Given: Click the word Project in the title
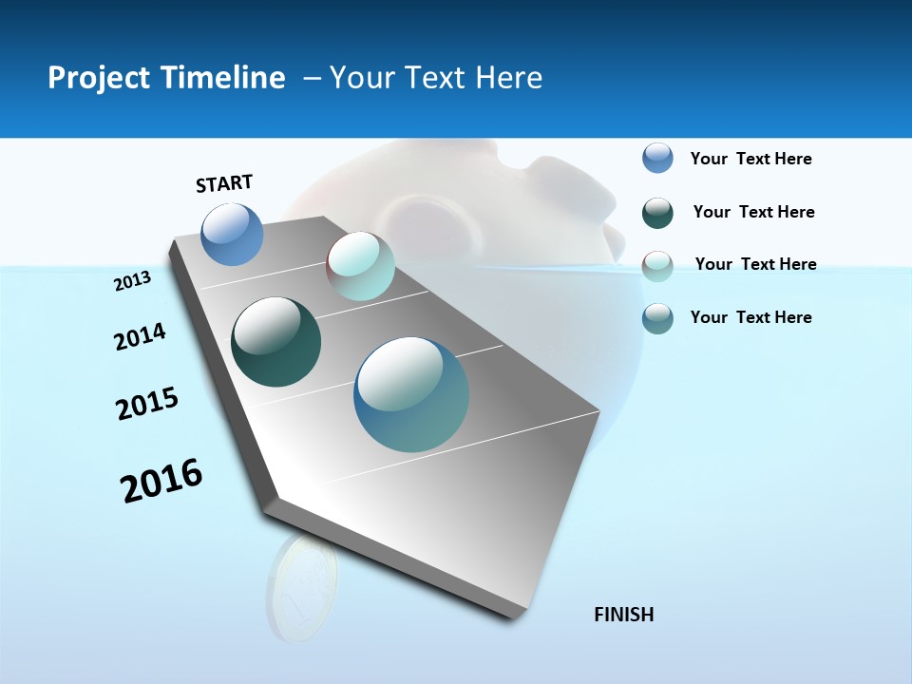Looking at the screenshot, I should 90,78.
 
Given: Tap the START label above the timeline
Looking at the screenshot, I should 224,183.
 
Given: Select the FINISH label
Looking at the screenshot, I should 623,615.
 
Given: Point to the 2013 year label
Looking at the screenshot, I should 133,281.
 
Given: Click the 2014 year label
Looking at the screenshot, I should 140,336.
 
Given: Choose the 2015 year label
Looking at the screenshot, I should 147,404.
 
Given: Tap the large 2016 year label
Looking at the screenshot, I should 161,481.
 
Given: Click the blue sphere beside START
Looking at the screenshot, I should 233,235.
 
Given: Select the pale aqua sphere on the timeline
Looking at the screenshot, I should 361,266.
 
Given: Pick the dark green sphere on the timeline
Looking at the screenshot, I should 276,342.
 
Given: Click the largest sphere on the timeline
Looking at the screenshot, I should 411,394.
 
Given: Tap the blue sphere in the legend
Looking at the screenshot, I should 657,158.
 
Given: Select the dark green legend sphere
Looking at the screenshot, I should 657,213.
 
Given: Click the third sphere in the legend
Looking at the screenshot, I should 657,266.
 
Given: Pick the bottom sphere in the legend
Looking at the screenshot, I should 657,318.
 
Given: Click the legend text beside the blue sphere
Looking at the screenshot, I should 750,159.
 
